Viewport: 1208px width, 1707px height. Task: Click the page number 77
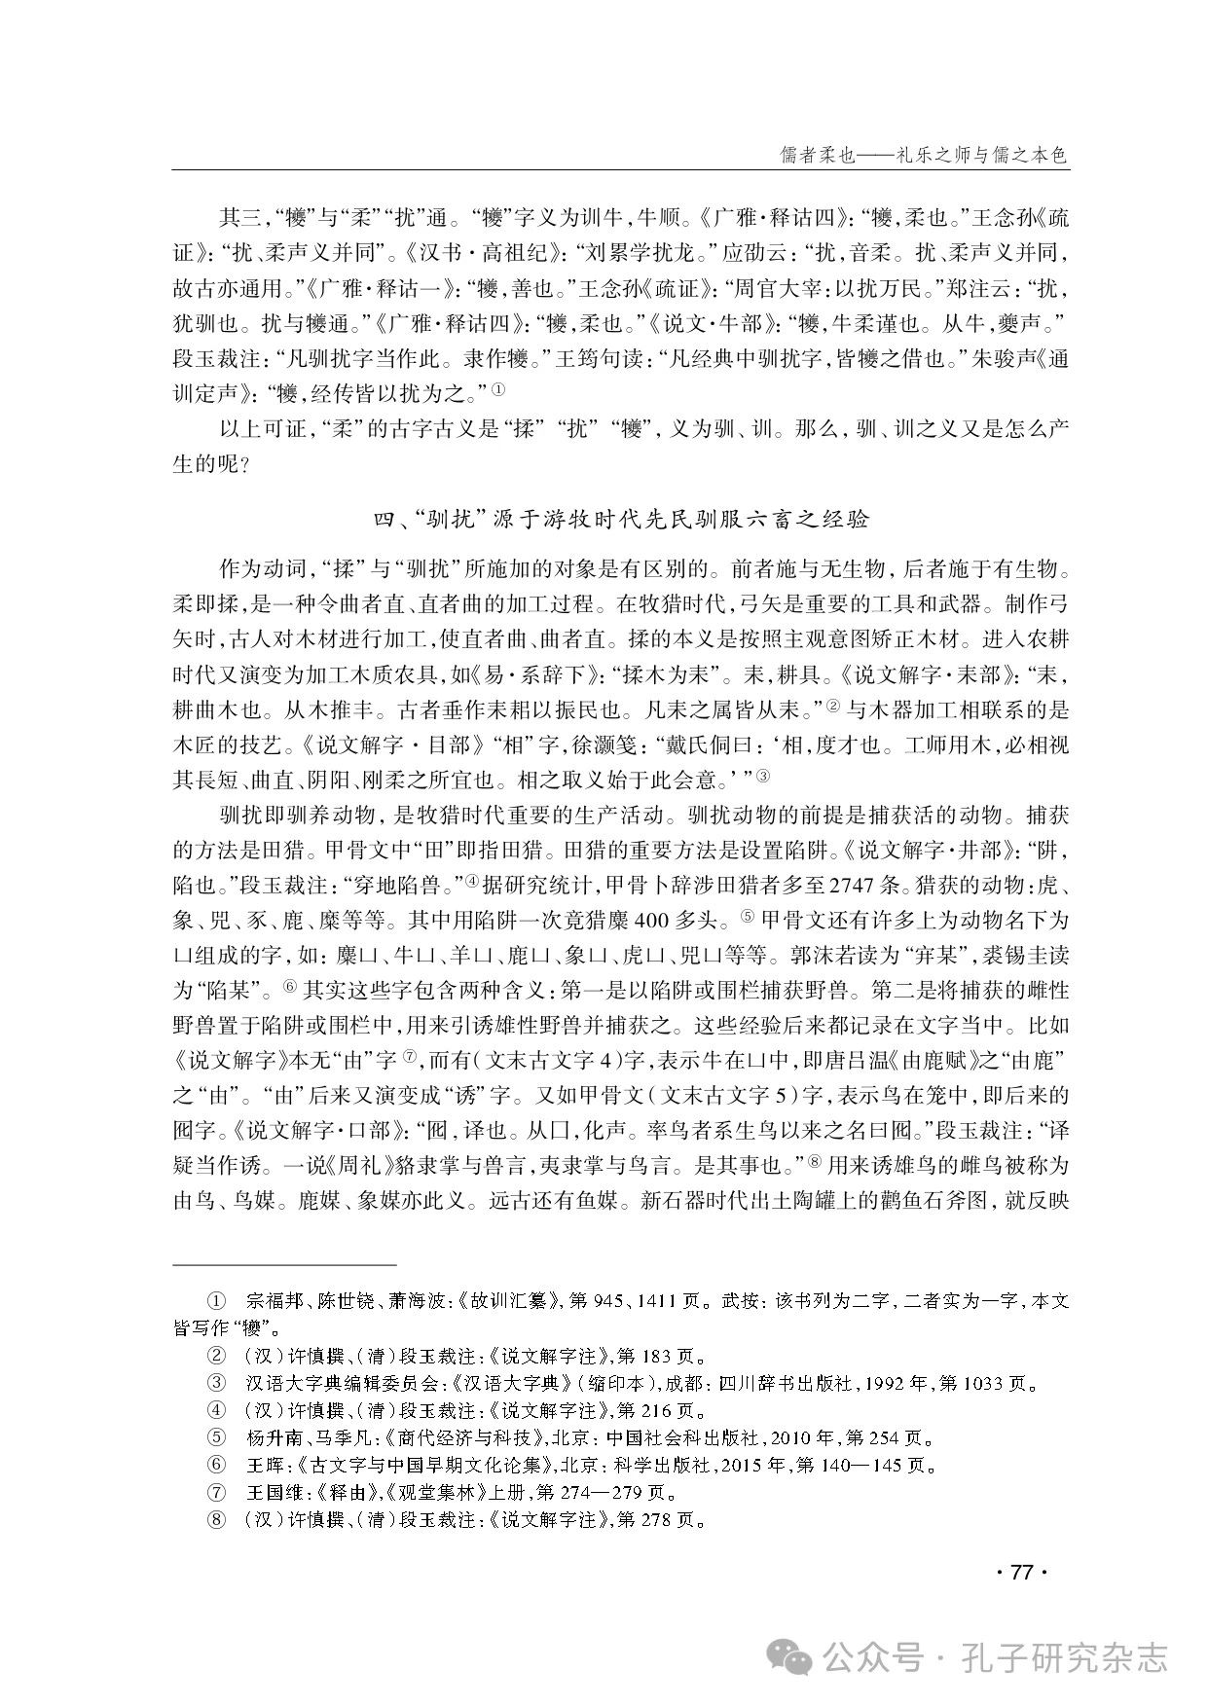point(1020,1573)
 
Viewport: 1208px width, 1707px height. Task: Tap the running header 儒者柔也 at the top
point(924,155)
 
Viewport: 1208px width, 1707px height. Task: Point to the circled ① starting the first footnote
point(215,1300)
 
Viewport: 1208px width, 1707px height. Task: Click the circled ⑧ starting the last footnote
point(215,1519)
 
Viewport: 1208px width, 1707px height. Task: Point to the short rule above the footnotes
point(284,1264)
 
